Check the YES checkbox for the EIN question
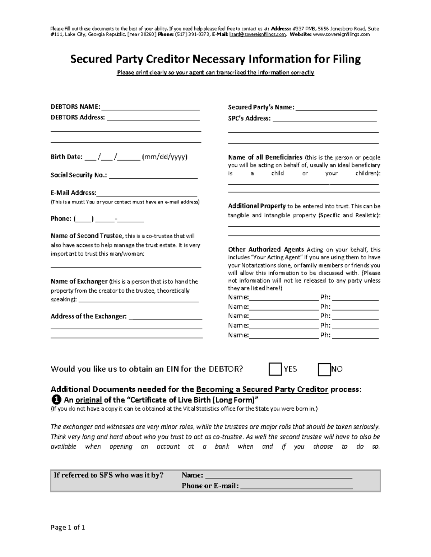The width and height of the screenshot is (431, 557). pyautogui.click(x=275, y=369)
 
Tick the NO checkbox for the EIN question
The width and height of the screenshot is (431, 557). pyautogui.click(x=324, y=369)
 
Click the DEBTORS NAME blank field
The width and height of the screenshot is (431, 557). pyautogui.click(x=150, y=107)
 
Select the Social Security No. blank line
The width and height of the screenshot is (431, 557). pyautogui.click(x=153, y=175)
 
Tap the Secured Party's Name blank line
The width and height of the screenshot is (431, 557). pyautogui.click(x=336, y=108)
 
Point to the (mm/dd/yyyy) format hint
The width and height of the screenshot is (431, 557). pyautogui.click(x=165, y=157)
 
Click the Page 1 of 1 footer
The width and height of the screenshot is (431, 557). pyautogui.click(x=68, y=527)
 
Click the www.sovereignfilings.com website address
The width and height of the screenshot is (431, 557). pyautogui.click(x=341, y=34)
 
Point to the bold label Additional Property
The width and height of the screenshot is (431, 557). pyautogui.click(x=257, y=206)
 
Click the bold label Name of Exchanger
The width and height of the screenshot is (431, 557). pyautogui.click(x=79, y=282)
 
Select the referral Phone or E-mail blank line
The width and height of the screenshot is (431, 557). pyautogui.click(x=296, y=486)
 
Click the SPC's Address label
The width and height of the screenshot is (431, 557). pyautogui.click(x=249, y=118)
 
